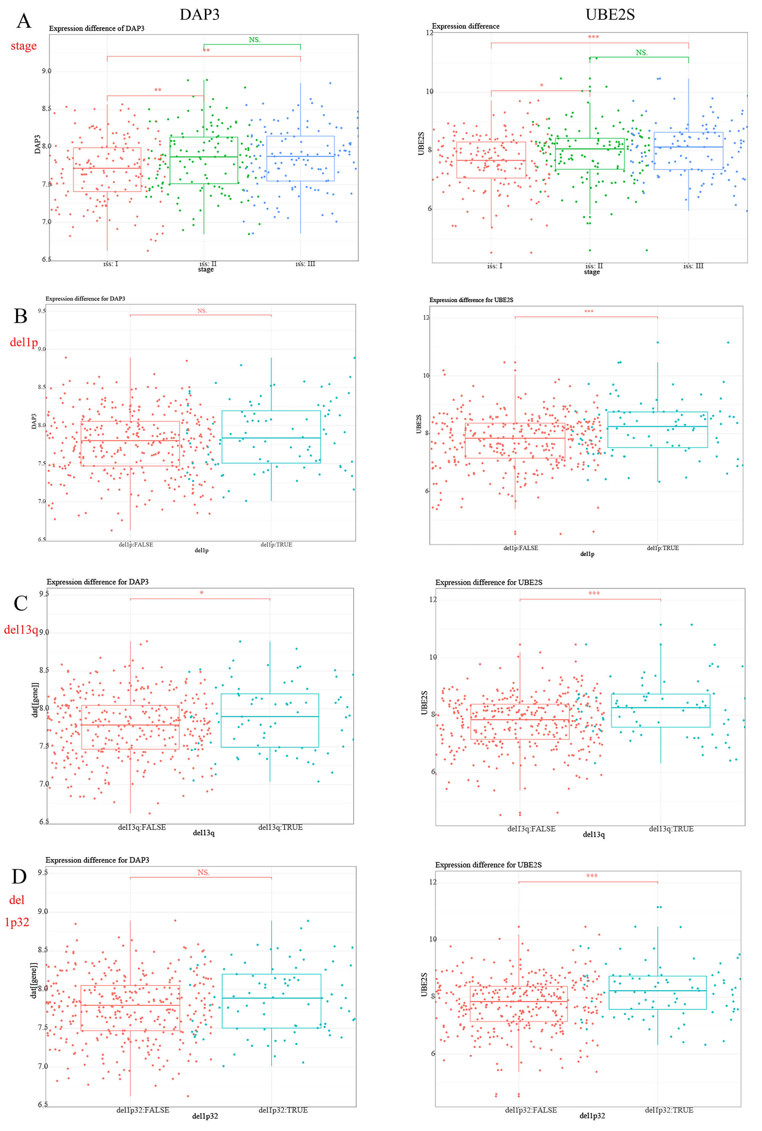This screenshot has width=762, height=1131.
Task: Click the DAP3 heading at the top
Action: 199,14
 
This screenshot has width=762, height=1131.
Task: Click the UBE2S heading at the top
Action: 610,14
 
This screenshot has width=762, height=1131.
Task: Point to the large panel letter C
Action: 21,603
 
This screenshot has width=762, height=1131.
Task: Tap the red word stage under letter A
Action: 23,46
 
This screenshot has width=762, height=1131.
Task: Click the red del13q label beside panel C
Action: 21,630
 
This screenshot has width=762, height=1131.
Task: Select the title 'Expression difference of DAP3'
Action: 96,29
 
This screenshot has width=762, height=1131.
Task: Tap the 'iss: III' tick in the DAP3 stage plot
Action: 305,264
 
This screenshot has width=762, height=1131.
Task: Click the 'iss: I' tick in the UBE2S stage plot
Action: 495,266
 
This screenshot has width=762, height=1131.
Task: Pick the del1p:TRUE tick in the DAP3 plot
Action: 276,545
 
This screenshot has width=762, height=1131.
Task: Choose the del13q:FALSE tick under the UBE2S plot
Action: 531,829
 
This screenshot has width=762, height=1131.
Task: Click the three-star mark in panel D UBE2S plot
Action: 591,876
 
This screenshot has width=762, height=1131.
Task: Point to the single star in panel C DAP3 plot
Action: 201,593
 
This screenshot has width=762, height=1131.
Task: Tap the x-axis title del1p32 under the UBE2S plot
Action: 592,1116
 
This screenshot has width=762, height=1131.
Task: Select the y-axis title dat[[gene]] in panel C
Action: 35,700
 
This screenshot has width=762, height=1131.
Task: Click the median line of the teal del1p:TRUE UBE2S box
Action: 658,426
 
